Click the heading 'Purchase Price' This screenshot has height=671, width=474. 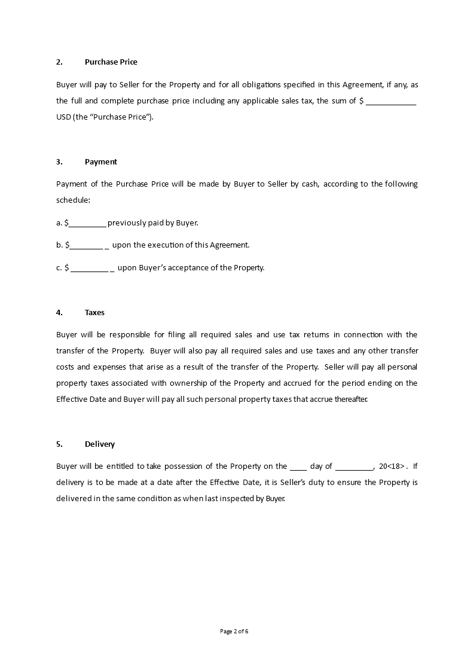pos(111,62)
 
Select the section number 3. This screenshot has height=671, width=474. pos(59,161)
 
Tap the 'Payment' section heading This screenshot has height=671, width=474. pos(100,161)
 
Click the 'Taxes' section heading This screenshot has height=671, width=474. pos(94,312)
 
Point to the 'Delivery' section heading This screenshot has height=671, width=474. pos(99,444)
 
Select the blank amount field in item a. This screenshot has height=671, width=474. pos(87,224)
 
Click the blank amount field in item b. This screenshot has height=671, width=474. pos(87,246)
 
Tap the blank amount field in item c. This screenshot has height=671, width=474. pos(90,269)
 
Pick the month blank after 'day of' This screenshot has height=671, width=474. pos(354,467)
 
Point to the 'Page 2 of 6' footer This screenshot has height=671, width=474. pos(234,631)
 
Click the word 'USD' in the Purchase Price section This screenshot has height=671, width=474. pos(63,117)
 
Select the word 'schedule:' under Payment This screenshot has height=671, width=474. pos(73,200)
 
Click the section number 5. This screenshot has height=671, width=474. pos(59,444)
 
